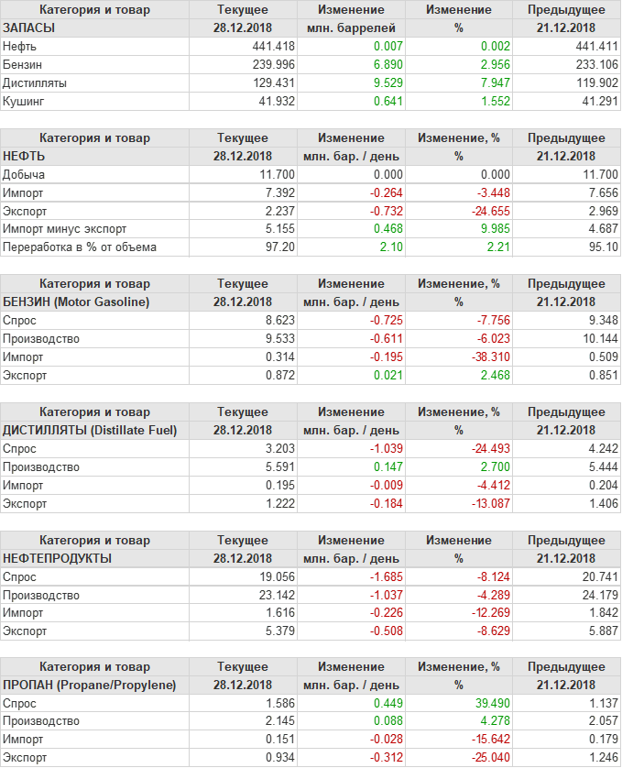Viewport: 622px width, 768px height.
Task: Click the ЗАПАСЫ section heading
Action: tap(29, 28)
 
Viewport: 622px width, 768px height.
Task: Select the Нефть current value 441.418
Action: tap(273, 46)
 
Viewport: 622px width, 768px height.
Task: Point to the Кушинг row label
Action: tap(24, 101)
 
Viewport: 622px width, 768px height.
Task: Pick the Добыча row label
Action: tap(24, 174)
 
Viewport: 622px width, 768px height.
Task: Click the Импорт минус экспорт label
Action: tap(65, 229)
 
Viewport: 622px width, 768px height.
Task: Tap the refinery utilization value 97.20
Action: tap(278, 247)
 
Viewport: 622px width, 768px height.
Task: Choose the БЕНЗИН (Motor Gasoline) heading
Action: tap(77, 302)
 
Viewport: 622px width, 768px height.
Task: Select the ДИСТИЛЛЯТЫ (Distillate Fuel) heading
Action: tap(90, 430)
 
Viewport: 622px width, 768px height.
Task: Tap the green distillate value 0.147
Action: tap(385, 467)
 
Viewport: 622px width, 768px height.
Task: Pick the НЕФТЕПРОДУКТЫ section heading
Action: tap(58, 558)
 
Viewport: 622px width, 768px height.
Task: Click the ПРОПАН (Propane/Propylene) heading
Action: tap(89, 686)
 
